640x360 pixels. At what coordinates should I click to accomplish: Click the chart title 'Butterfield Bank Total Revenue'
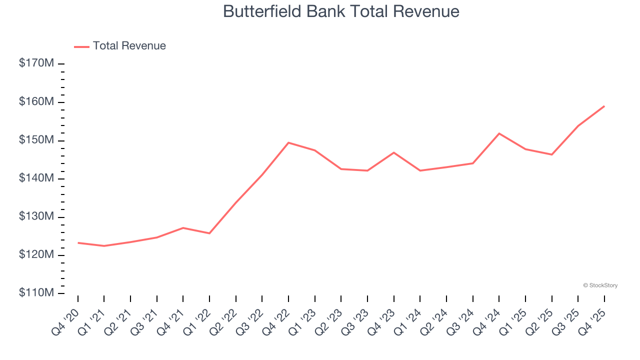pyautogui.click(x=341, y=11)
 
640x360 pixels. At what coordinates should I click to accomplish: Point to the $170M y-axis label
pyautogui.click(x=36, y=63)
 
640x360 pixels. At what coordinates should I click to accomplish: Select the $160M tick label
pyautogui.click(x=36, y=102)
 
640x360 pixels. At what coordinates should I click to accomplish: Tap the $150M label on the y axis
pyautogui.click(x=36, y=140)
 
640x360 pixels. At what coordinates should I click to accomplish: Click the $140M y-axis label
pyautogui.click(x=36, y=178)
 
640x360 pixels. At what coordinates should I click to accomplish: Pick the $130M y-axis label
pyautogui.click(x=36, y=217)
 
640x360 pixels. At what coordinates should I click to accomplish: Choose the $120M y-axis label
pyautogui.click(x=36, y=255)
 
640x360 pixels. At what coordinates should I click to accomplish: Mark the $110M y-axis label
pyautogui.click(x=36, y=293)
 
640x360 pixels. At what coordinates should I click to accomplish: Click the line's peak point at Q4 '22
pyautogui.click(x=288, y=142)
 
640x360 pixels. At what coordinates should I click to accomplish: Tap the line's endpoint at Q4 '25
pyautogui.click(x=604, y=106)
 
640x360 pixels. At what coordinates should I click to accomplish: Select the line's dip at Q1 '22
pyautogui.click(x=209, y=233)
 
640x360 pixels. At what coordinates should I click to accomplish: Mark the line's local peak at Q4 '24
pyautogui.click(x=499, y=133)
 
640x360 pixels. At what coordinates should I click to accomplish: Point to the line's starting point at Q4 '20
pyautogui.click(x=78, y=242)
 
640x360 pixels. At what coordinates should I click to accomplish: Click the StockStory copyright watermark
pyautogui.click(x=600, y=285)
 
